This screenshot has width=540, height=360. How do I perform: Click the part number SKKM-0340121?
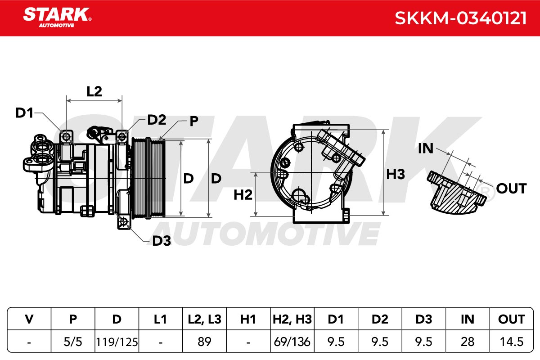tap(460, 18)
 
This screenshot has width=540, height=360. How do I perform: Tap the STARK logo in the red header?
tap(57, 18)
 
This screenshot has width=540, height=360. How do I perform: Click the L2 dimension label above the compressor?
tap(94, 91)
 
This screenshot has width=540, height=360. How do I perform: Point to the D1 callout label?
tap(24, 112)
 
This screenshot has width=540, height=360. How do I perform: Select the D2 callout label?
tap(157, 120)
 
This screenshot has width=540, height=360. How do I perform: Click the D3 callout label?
tap(162, 241)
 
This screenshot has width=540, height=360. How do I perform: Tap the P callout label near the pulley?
tap(194, 121)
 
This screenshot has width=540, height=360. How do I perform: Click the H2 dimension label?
tap(243, 195)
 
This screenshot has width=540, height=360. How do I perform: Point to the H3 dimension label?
tap(396, 174)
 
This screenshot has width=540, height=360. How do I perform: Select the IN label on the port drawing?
tap(426, 148)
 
